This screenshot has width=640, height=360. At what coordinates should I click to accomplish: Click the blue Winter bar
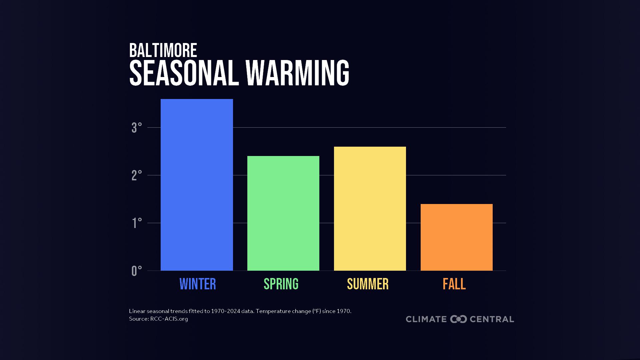tap(197, 185)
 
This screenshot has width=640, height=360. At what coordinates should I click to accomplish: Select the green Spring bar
tap(283, 213)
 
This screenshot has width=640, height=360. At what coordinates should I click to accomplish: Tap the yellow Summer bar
tap(370, 208)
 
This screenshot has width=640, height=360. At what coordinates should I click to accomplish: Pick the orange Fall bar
tap(457, 237)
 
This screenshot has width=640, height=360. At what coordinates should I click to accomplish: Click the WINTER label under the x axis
tap(198, 284)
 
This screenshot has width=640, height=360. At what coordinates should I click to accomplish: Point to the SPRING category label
tap(281, 284)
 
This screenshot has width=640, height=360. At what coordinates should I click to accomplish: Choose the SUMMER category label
tap(368, 284)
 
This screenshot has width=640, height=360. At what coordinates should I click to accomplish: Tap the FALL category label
tap(454, 284)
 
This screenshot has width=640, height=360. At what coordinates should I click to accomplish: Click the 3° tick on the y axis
tap(137, 128)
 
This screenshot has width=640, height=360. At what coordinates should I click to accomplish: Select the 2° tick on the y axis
tap(137, 175)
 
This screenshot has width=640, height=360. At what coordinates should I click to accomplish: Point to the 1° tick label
tap(137, 223)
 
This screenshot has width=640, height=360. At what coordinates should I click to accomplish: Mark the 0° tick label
tap(137, 271)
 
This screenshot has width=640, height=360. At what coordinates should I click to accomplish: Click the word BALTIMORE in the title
tap(163, 51)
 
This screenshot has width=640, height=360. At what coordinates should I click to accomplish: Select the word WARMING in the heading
tap(297, 73)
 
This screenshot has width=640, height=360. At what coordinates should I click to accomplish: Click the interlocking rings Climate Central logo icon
tap(458, 319)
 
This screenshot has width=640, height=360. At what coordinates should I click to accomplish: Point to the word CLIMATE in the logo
tap(426, 319)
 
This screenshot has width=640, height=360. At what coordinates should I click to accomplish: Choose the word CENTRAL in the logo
tap(492, 319)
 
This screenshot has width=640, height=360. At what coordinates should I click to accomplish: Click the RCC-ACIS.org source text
tap(169, 319)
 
